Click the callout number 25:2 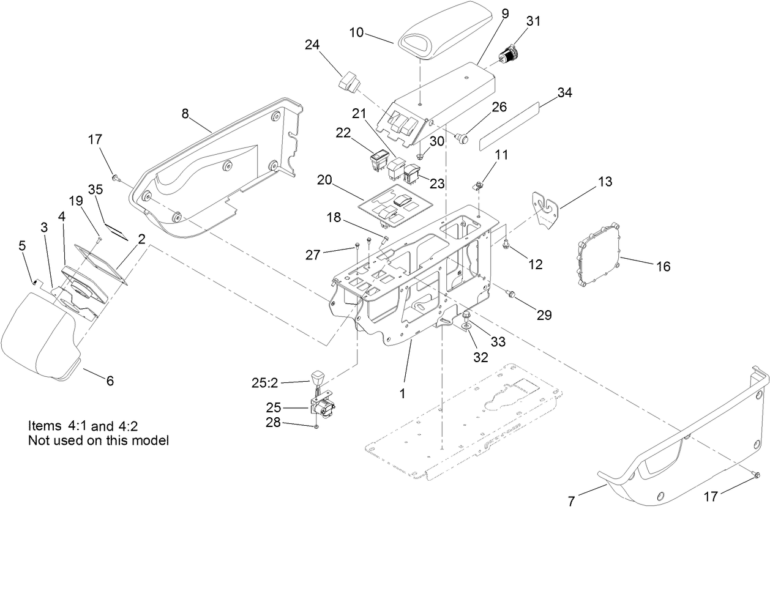click(x=265, y=383)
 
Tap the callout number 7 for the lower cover click(x=572, y=502)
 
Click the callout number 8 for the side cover click(x=185, y=113)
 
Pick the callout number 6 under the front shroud click(x=110, y=380)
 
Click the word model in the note click(x=151, y=440)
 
